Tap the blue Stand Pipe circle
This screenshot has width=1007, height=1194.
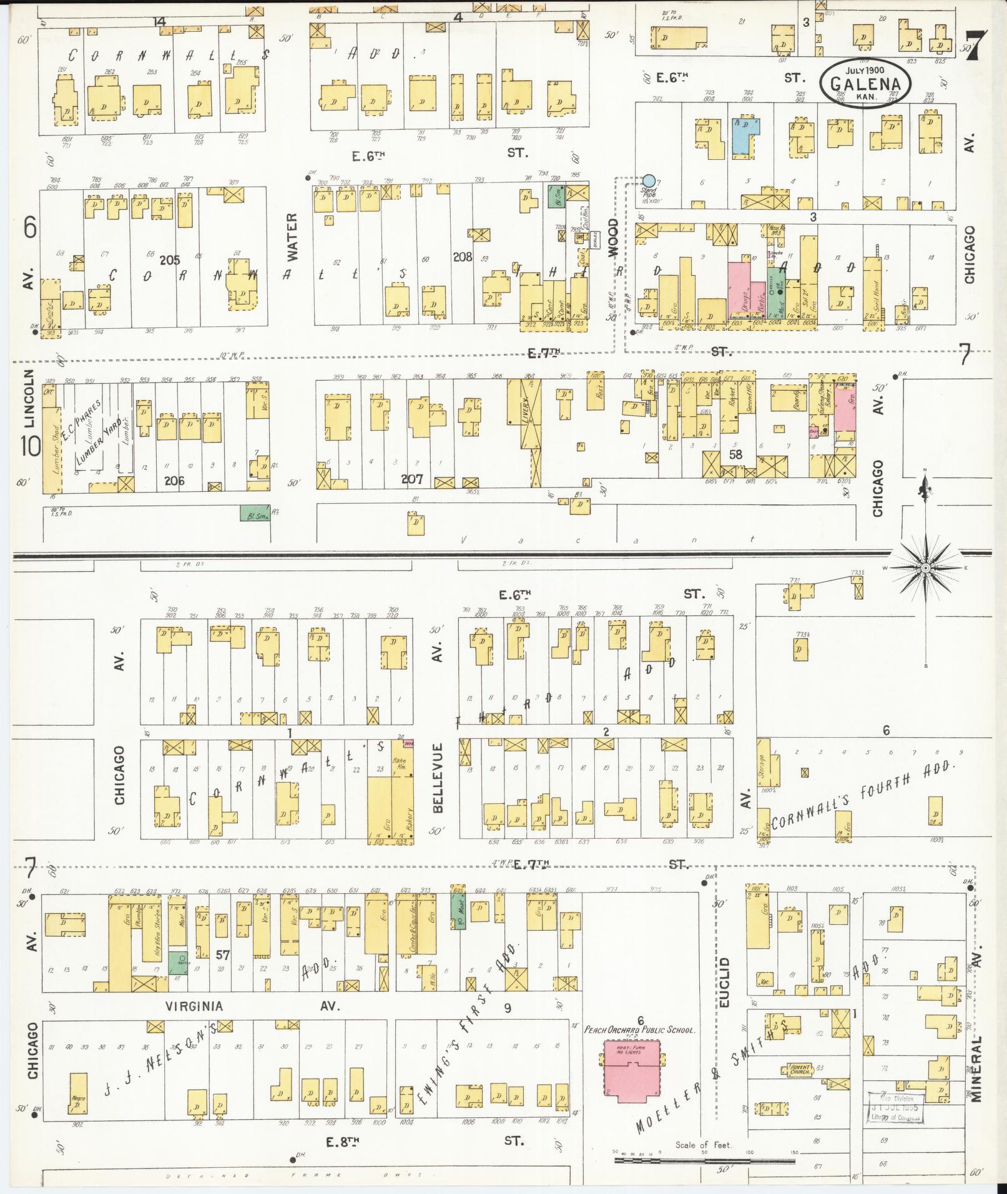point(649,181)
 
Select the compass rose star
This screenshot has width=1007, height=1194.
point(925,567)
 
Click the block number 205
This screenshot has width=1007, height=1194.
point(169,260)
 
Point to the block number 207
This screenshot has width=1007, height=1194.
point(412,479)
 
